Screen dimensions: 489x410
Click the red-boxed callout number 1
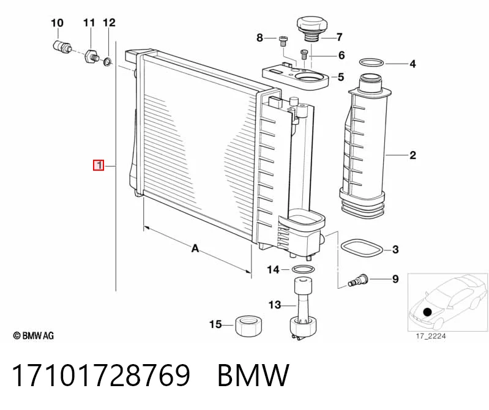coord(99,165)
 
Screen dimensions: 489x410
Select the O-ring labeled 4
coord(371,62)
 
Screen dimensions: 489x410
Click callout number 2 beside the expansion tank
coord(412,155)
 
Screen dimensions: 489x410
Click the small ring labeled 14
coord(303,269)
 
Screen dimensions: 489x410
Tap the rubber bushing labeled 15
coord(248,326)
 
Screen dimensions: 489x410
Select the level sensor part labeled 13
coord(304,308)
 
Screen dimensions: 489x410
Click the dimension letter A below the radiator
coord(195,248)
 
